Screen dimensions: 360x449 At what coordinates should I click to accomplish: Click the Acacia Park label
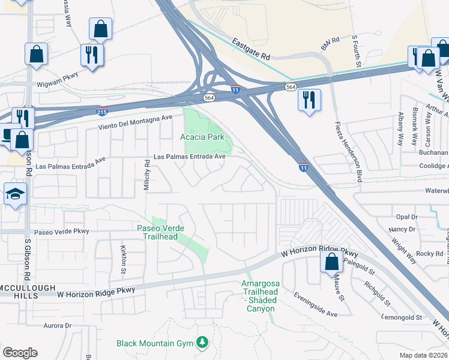tap(202, 137)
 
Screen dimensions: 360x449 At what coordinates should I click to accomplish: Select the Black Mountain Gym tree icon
tap(203, 342)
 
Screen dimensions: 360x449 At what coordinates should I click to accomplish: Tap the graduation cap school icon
tap(14, 194)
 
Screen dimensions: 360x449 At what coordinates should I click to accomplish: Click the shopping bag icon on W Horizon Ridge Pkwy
tap(331, 262)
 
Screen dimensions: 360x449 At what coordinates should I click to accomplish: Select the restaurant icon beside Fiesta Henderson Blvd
tap(309, 100)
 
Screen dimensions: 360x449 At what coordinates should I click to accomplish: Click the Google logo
tap(20, 353)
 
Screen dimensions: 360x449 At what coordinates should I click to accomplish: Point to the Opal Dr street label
tap(406, 217)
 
